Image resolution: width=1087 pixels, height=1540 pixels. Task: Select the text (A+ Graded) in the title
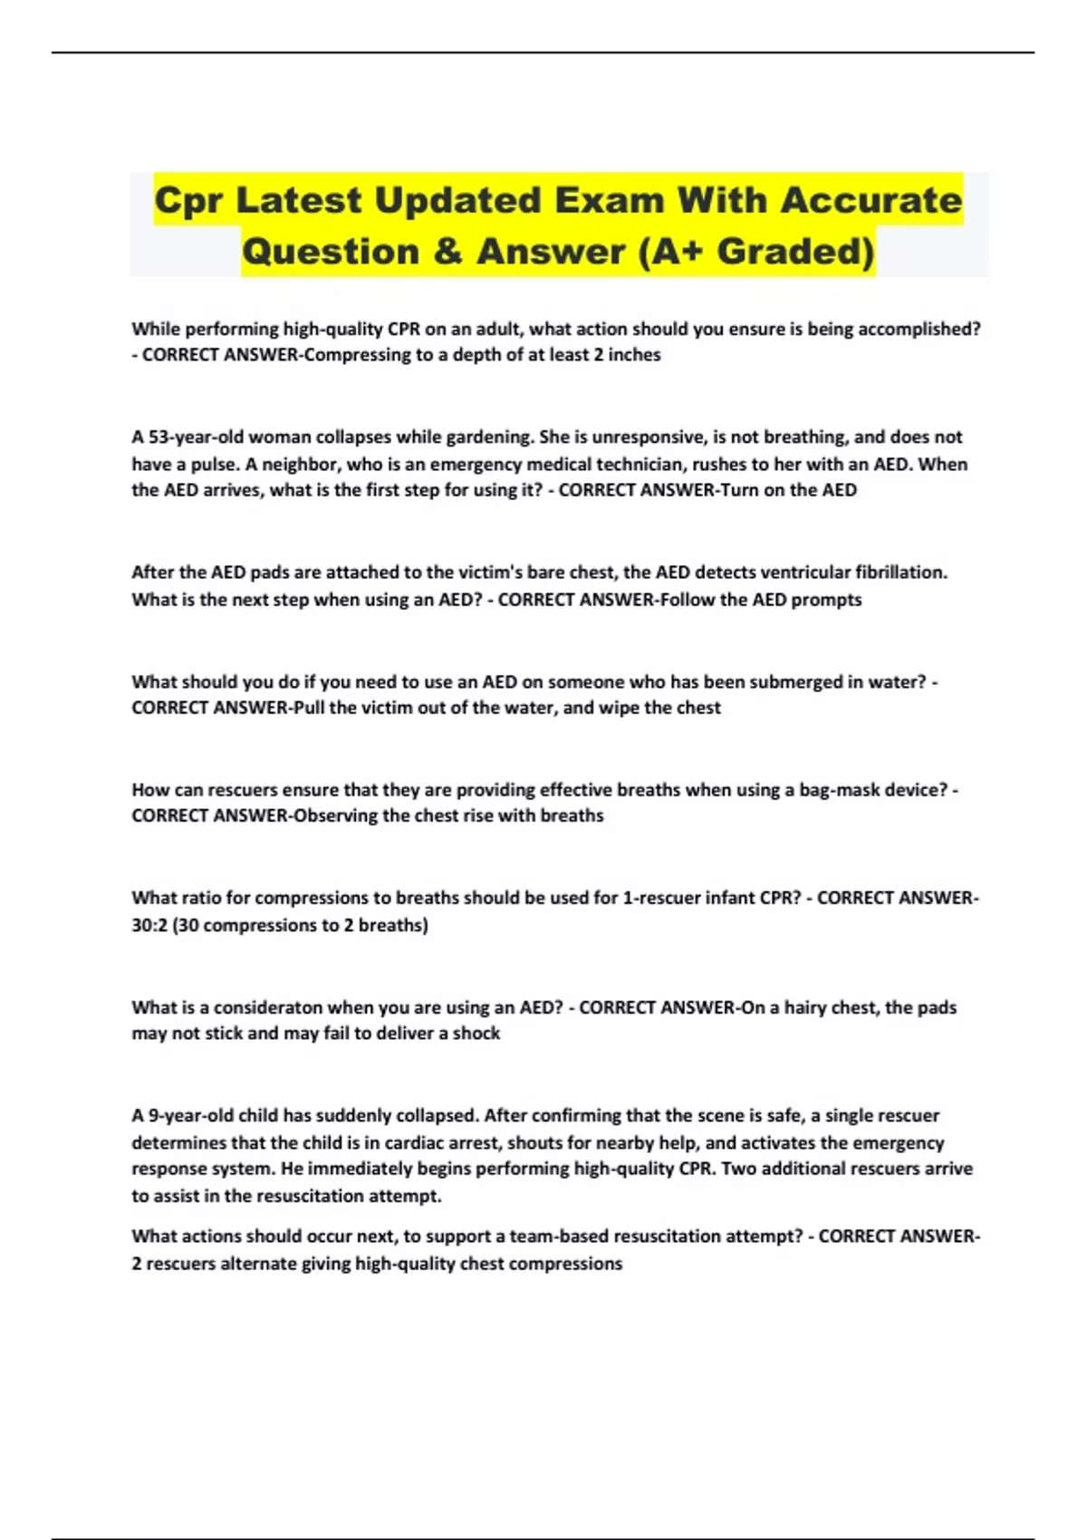click(x=756, y=252)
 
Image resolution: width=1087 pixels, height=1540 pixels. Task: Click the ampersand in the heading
click(x=447, y=252)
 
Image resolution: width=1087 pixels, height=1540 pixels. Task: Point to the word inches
click(x=634, y=355)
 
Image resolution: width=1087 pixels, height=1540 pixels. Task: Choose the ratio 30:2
click(x=149, y=926)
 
